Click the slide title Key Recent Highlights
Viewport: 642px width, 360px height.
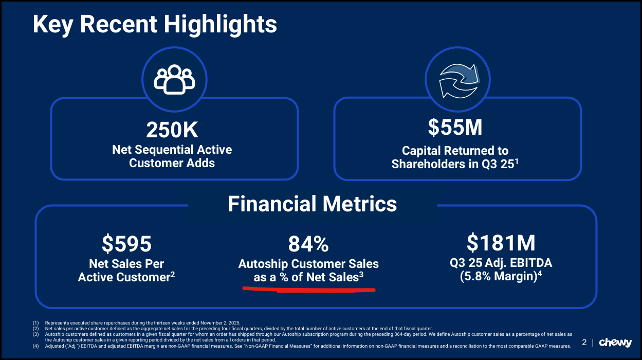coord(155,25)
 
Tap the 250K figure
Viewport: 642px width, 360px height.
coord(172,130)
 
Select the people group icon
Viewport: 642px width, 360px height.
coord(174,79)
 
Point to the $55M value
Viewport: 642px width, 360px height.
coord(455,128)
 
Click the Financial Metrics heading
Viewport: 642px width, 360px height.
coord(312,204)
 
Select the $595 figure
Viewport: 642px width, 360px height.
coord(126,244)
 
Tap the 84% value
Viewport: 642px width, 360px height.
coord(308,244)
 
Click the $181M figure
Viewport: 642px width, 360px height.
coord(501,242)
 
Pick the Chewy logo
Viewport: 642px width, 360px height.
coord(615,343)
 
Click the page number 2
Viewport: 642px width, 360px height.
coord(584,343)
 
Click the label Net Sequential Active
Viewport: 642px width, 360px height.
coord(172,150)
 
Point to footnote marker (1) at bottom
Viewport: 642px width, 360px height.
coord(35,322)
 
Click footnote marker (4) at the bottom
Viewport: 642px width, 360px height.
coord(35,346)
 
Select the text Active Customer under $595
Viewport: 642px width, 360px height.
coord(123,277)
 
